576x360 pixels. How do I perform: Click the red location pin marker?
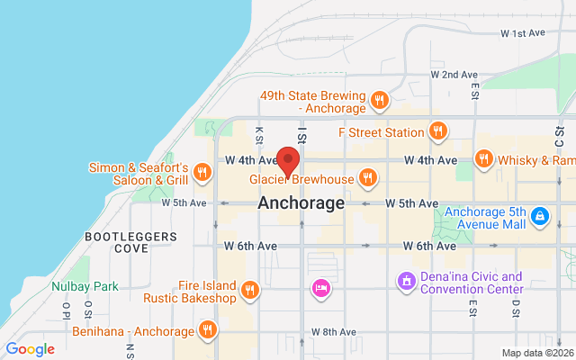point(288,161)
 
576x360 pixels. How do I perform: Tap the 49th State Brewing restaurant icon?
point(380,100)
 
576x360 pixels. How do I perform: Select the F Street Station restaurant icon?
point(438,131)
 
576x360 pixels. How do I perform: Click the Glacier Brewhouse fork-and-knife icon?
point(367,177)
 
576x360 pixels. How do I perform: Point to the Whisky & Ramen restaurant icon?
point(483,159)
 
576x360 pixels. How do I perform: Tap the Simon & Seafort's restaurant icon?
point(202,171)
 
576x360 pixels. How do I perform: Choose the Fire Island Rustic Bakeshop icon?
point(250,290)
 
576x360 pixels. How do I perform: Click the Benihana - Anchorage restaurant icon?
point(209,328)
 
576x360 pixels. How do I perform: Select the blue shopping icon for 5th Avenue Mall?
point(539,216)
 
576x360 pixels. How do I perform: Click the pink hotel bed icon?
point(319,288)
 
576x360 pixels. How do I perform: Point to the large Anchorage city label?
point(301,203)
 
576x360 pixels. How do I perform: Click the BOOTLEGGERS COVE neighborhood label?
point(116,241)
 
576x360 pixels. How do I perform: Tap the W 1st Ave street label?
point(523,33)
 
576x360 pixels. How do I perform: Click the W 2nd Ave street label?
point(452,75)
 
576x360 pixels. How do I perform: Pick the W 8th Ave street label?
point(335,332)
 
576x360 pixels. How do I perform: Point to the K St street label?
point(259,134)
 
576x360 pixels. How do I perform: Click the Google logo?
point(31,349)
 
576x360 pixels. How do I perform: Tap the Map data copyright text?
point(536,353)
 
